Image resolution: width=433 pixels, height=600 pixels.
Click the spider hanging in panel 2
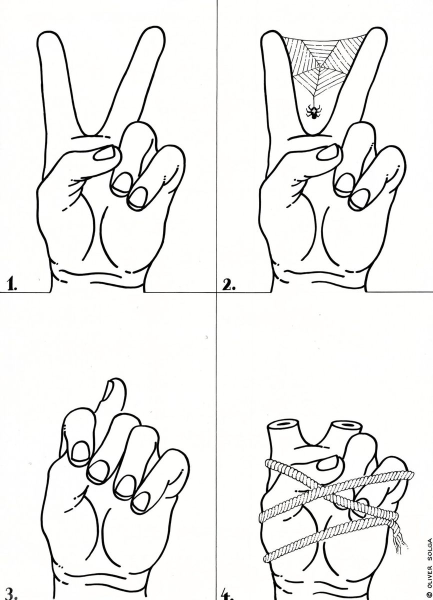coord(313,111)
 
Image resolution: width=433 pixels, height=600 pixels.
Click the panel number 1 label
coord(12,284)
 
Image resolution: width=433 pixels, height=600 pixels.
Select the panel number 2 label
coord(229,285)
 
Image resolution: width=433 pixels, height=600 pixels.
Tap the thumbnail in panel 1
coord(104,153)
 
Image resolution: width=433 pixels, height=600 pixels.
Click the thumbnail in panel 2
coord(327,152)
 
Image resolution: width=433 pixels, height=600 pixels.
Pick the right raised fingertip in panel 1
coord(153,35)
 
